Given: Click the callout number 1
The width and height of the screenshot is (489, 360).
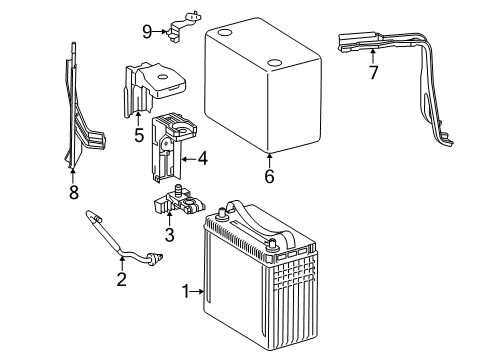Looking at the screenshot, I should click(183, 292).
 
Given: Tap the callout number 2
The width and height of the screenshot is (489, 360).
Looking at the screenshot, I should click(121, 279).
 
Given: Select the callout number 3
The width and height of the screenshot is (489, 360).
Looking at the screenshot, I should click(169, 235).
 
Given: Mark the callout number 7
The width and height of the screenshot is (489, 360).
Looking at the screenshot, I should click(373, 74).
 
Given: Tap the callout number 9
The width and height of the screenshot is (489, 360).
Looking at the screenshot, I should click(147, 31).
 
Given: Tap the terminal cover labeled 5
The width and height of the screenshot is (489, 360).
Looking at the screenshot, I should click(140, 85).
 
